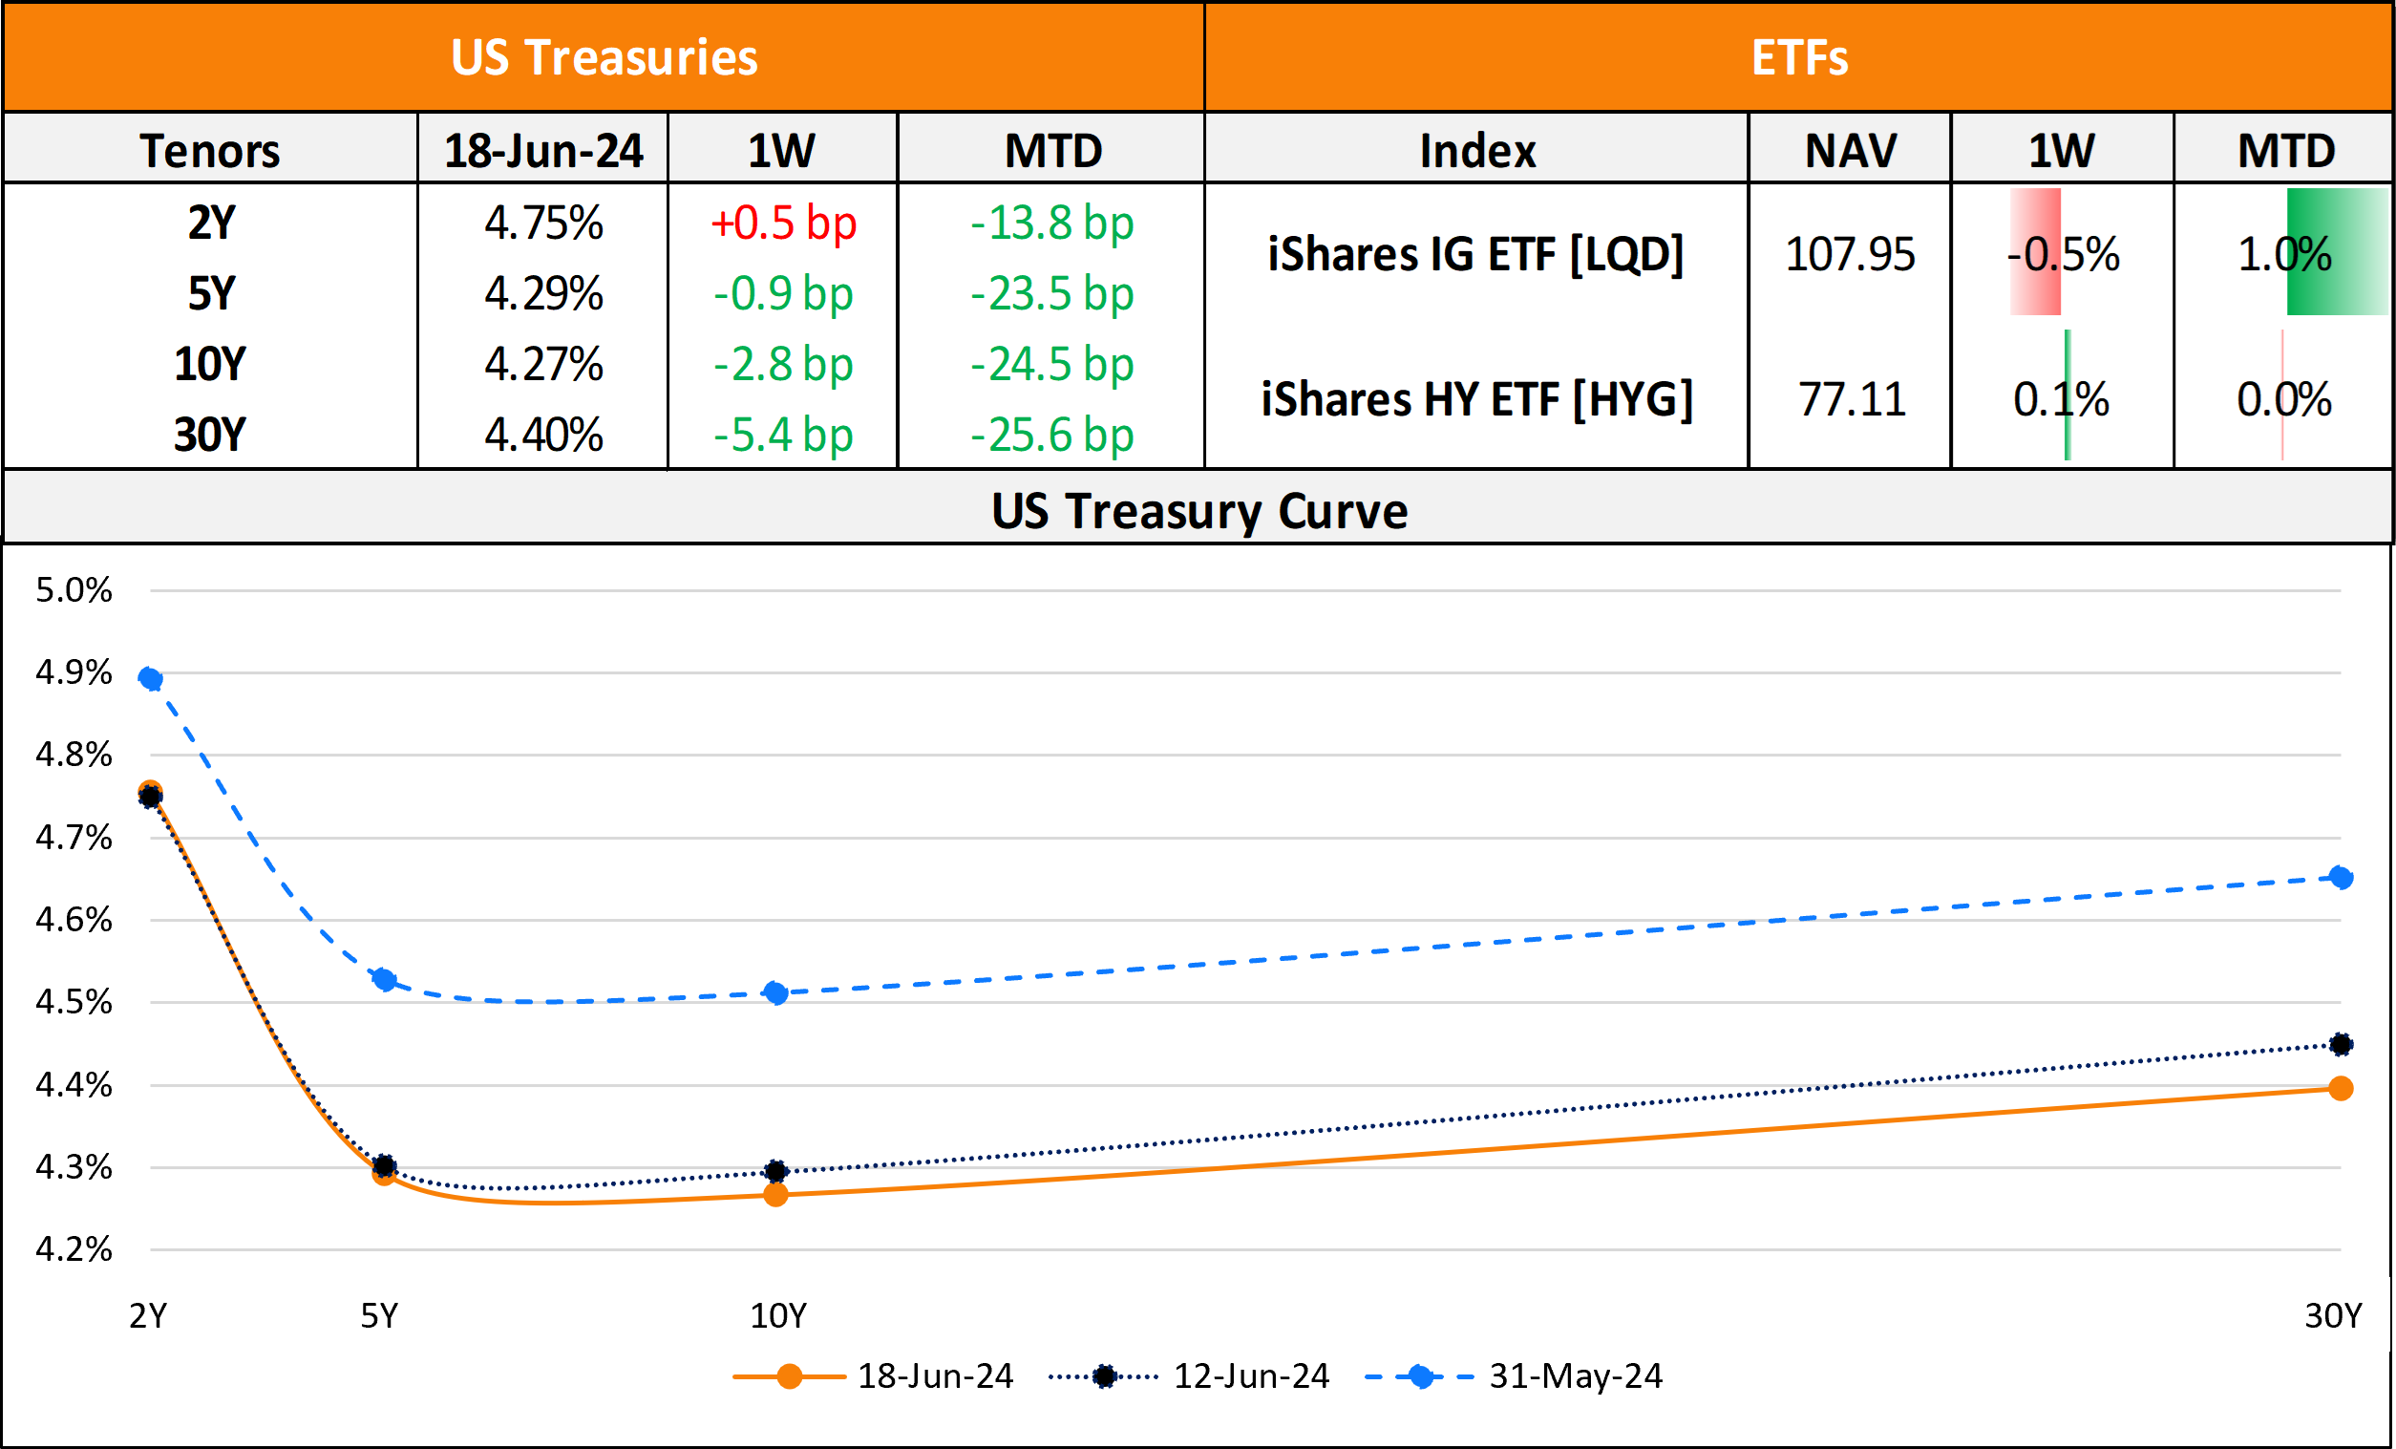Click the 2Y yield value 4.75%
click(x=543, y=223)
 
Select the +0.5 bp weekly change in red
click(x=783, y=223)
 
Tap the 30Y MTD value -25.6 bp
click(x=1052, y=435)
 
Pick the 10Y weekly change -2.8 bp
click(x=783, y=365)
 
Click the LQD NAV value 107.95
click(x=1850, y=255)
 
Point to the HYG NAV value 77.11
click(x=1852, y=399)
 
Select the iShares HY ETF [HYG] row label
click(x=1476, y=399)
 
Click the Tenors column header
click(x=210, y=151)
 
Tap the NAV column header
click(x=1851, y=151)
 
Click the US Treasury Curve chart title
click(x=1199, y=511)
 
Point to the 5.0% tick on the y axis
click(x=74, y=590)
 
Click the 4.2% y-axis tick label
click(x=74, y=1249)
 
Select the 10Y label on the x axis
click(x=778, y=1316)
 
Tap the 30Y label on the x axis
click(x=2333, y=1316)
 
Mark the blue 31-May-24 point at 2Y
click(x=151, y=679)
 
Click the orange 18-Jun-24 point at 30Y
click(x=2341, y=1088)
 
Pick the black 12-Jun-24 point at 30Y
click(x=2341, y=1044)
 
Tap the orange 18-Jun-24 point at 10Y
click(x=775, y=1194)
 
